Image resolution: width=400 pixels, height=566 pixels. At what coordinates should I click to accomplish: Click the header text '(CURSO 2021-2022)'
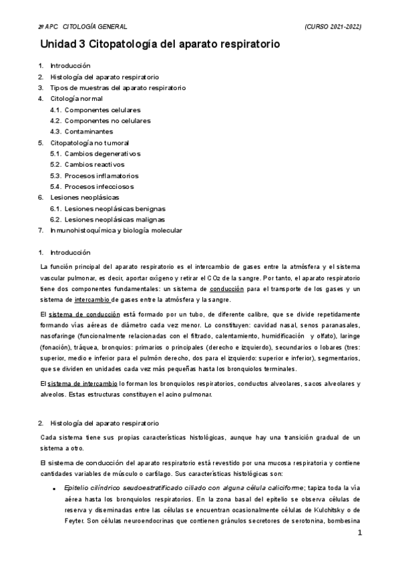[x=333, y=26]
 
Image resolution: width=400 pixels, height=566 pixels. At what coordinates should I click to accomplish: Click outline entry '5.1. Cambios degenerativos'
[x=95, y=154]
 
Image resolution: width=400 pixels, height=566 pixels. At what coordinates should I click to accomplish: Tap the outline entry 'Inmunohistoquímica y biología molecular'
[x=116, y=230]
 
